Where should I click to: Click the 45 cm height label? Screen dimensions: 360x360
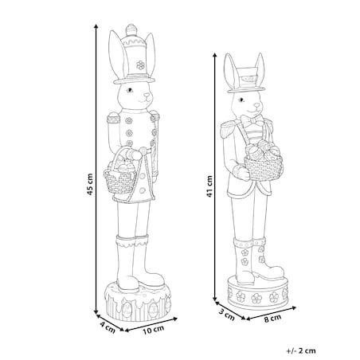(x=90, y=184)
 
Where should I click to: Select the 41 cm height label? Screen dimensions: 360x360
(x=209, y=186)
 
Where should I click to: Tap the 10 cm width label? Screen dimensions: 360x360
(x=154, y=330)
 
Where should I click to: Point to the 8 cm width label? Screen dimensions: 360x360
(x=272, y=319)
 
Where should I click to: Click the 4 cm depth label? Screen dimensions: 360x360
(x=108, y=327)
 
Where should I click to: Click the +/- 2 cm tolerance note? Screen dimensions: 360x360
(x=301, y=350)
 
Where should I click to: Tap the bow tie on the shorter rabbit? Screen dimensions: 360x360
(x=252, y=122)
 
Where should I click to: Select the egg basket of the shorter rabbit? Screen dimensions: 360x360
(x=264, y=162)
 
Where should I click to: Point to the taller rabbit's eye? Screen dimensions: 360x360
(x=130, y=90)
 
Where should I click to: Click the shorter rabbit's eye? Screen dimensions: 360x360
(x=241, y=100)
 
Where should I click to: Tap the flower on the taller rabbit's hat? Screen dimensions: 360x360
(x=140, y=65)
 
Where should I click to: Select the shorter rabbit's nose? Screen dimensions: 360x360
(x=256, y=104)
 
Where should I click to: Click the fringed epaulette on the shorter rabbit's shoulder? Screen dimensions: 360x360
(x=229, y=128)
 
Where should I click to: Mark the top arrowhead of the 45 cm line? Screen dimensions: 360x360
(x=96, y=26)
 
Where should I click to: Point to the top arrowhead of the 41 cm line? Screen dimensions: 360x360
(x=215, y=55)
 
